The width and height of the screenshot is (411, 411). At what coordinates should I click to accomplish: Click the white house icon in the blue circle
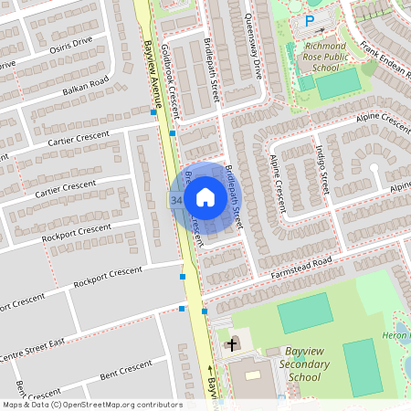205,197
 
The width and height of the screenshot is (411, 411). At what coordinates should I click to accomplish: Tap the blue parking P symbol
309,20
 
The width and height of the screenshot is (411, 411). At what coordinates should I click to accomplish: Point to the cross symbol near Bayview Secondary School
231,344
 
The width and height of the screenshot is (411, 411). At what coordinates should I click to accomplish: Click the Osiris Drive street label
70,46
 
